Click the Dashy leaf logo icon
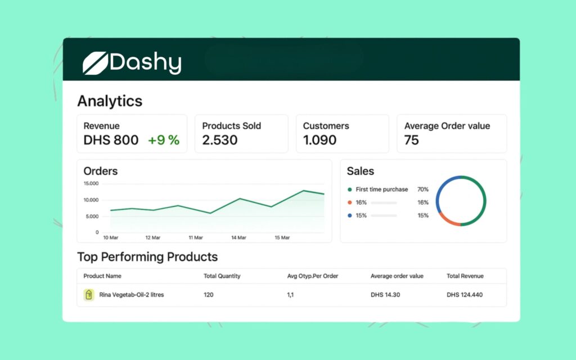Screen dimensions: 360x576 [94, 63]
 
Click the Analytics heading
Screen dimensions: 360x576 [110, 101]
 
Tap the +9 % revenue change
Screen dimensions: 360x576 [164, 141]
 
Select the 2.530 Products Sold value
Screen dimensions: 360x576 [220, 141]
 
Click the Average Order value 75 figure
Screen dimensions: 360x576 [412, 141]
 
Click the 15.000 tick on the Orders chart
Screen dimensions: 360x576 [91, 184]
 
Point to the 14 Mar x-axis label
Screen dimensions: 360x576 [238, 238]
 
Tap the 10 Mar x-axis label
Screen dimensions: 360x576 [110, 238]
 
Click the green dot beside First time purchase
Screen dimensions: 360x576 [350, 190]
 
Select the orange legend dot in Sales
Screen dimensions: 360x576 [350, 202]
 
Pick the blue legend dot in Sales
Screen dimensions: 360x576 [350, 215]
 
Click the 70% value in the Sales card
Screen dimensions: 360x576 [422, 190]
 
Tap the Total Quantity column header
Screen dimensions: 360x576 [222, 276]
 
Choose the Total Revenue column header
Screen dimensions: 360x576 [465, 276]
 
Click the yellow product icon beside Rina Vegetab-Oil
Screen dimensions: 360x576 [88, 295]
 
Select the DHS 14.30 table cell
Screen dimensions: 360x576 [385, 295]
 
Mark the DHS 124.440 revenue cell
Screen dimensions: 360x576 [465, 295]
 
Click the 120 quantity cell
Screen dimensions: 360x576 [209, 295]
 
